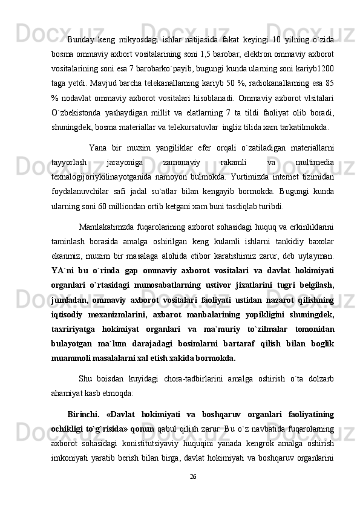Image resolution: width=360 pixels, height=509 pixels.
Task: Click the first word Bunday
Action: tap(80, 40)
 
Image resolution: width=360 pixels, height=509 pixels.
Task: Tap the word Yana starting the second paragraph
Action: tap(98, 149)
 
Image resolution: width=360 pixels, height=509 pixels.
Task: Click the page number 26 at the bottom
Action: tap(193, 493)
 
